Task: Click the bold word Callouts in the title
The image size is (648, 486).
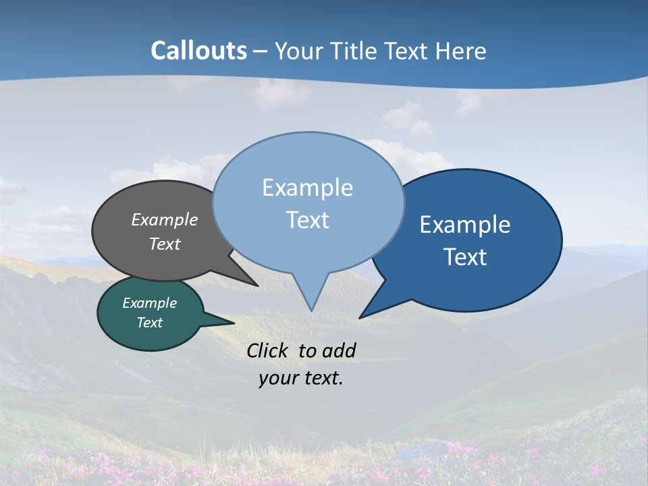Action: tap(198, 51)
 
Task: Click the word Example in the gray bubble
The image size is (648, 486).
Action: tap(165, 220)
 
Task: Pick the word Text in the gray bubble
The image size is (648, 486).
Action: tap(165, 244)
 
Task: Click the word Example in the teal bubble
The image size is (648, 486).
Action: tap(149, 303)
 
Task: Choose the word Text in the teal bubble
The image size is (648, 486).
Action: tap(150, 323)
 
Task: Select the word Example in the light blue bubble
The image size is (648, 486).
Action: tap(307, 188)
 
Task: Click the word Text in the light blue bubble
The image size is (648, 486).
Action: tap(307, 220)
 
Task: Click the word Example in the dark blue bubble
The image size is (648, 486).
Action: tap(465, 225)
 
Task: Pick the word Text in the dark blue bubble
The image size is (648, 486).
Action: tap(465, 257)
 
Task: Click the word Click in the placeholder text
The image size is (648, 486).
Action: tap(268, 350)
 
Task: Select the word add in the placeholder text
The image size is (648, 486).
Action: tap(339, 350)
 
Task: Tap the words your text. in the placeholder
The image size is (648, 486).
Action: tap(300, 378)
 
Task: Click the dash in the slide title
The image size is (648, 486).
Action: tap(261, 51)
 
